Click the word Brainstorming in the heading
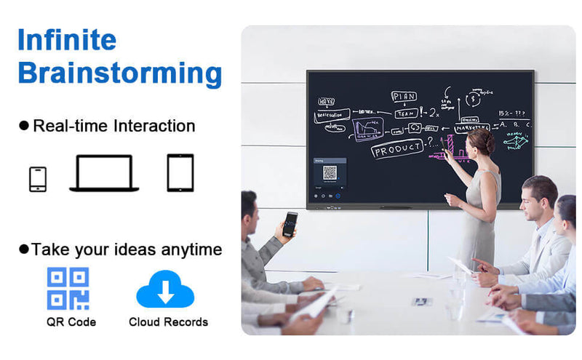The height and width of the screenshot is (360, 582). pyautogui.click(x=120, y=73)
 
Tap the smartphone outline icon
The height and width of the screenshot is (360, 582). pyautogui.click(x=38, y=179)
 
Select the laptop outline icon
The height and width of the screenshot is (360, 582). pyautogui.click(x=104, y=174)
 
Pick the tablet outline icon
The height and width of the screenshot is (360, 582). pyautogui.click(x=180, y=172)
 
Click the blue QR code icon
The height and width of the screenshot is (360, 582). pyautogui.click(x=68, y=289)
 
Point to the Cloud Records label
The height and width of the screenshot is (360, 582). pyautogui.click(x=168, y=321)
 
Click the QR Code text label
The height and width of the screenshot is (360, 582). pyautogui.click(x=71, y=321)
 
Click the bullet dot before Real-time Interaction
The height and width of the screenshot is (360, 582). pyautogui.click(x=24, y=126)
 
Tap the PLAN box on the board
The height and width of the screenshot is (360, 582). pyautogui.click(x=404, y=97)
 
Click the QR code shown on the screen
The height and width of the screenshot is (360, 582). pyautogui.click(x=330, y=173)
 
